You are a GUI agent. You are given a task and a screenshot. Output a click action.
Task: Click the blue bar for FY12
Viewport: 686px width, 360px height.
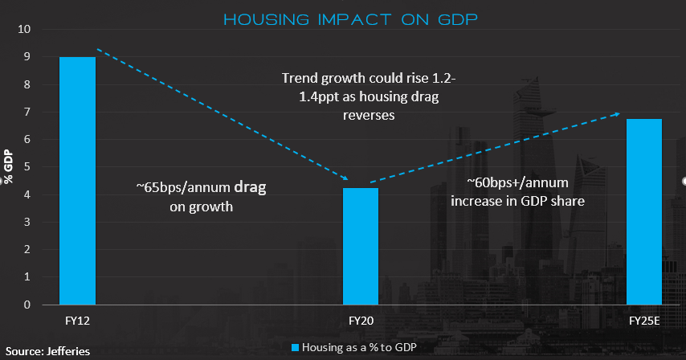click(x=78, y=181)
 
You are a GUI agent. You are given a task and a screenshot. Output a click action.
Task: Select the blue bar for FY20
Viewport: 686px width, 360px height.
click(x=361, y=246)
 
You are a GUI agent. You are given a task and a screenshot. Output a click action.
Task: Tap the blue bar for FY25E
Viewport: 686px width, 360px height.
click(x=643, y=211)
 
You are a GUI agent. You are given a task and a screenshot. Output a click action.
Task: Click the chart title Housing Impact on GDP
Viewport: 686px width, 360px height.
click(x=343, y=19)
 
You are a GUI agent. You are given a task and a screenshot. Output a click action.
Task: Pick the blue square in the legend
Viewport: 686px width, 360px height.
click(x=294, y=347)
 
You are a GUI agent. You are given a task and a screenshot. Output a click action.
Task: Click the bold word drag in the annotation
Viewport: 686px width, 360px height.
click(x=249, y=187)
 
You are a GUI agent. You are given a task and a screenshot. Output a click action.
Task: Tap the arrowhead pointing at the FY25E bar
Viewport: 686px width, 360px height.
click(x=617, y=113)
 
